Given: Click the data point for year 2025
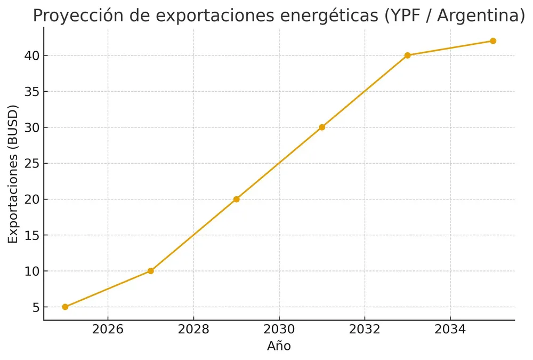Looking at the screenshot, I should point(65,307).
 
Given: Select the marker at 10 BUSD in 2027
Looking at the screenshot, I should point(150,271).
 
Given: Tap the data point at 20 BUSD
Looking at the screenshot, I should point(236,199).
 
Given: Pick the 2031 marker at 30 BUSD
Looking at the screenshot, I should point(322,127).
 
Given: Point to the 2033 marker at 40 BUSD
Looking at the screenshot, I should point(407,55).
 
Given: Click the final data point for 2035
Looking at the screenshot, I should point(493,41).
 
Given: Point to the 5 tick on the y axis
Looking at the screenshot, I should point(35,307).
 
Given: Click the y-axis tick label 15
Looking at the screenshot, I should point(31,235).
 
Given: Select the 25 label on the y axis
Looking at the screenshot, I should point(31,163).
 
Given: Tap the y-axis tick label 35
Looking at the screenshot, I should point(31,92).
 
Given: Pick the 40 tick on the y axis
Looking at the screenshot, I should point(31,55).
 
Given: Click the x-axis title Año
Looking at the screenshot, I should point(279,346).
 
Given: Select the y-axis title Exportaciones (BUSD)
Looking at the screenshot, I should point(13,174).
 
